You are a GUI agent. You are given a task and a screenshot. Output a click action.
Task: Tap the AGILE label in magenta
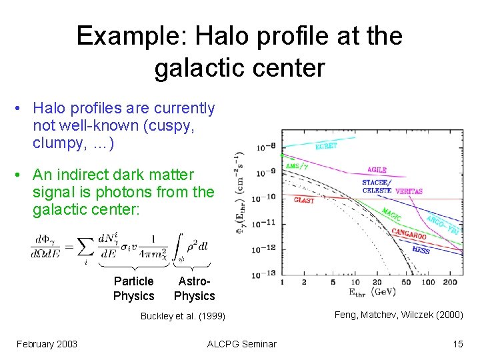point(376,170)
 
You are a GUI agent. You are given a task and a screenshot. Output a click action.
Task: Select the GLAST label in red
point(303,200)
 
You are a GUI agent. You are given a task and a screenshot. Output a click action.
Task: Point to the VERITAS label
point(408,191)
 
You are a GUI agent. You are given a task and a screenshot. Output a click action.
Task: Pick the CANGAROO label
point(408,233)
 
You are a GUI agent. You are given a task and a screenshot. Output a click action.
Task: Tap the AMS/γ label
point(297,166)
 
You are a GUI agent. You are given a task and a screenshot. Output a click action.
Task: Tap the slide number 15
point(457,344)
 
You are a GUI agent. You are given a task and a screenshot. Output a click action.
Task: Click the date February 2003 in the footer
point(47,344)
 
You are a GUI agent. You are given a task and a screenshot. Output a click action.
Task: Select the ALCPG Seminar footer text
point(241,344)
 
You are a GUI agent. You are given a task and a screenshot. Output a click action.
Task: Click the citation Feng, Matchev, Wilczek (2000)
point(399,315)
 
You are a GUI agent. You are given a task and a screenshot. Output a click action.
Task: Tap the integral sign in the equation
point(178,244)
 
